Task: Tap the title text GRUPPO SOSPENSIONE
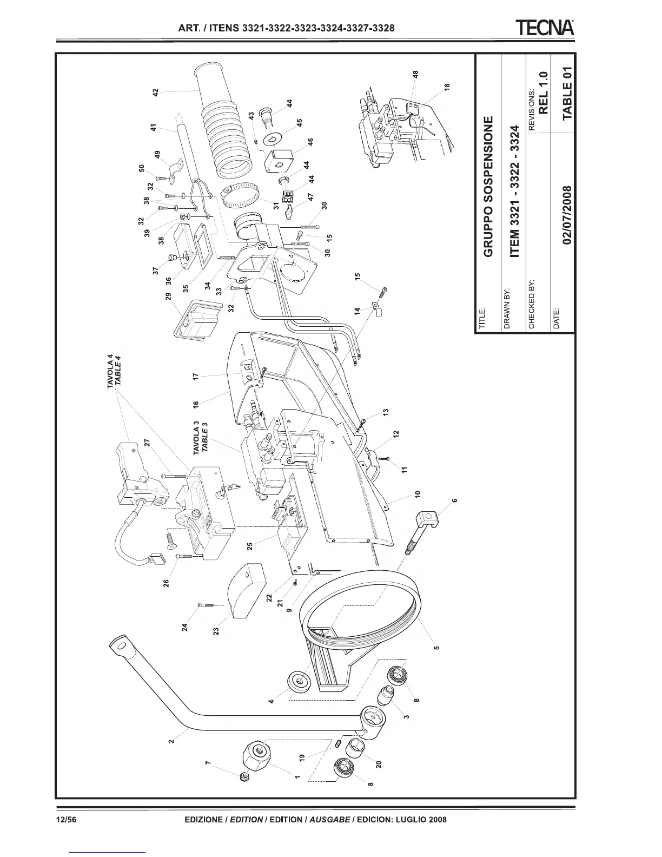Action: tap(488, 186)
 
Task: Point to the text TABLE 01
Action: tap(566, 93)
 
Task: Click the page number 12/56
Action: tap(68, 819)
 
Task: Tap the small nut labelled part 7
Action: tap(244, 777)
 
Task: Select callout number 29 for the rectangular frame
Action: tap(169, 296)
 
